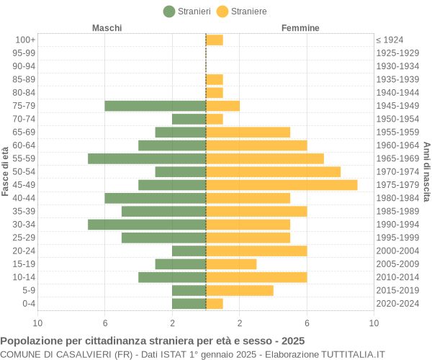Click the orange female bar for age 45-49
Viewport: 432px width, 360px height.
click(282, 185)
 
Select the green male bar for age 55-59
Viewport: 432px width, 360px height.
click(147, 158)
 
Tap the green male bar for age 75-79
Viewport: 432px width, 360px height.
click(156, 106)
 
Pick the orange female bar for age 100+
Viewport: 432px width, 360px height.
click(215, 40)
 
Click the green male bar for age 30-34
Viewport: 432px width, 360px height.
click(147, 225)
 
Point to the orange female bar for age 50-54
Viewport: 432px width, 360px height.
click(273, 171)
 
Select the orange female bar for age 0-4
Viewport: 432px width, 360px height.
click(215, 304)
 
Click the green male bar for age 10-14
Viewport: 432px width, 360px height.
click(172, 277)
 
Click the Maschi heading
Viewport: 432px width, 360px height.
click(107, 28)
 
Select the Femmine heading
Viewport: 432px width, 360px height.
click(300, 28)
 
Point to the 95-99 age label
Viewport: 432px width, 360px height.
click(24, 53)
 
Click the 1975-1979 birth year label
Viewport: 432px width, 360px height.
click(397, 185)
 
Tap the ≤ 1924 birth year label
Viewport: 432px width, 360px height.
click(390, 40)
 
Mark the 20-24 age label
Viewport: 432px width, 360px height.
click(24, 251)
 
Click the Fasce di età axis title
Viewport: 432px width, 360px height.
click(6, 171)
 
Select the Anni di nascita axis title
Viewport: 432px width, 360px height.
click(426, 171)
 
